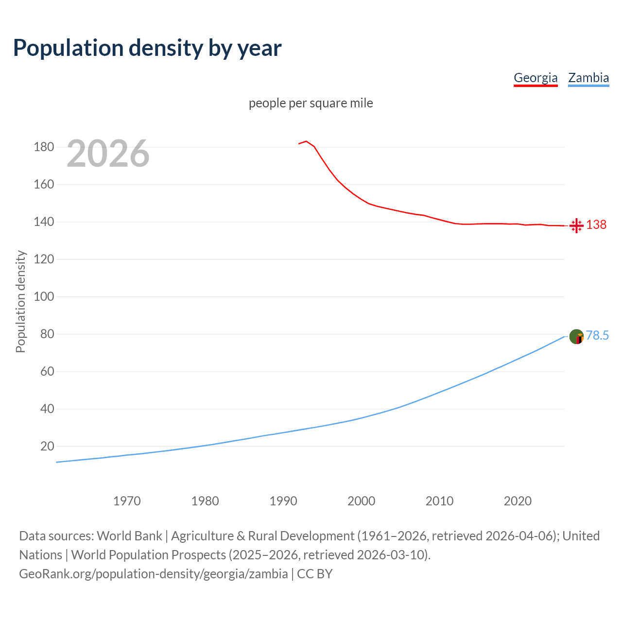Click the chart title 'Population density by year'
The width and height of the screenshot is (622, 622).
(147, 48)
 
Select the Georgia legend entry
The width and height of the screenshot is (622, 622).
(536, 78)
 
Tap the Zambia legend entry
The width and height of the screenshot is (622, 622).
(588, 78)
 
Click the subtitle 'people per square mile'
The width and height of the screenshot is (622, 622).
(311, 104)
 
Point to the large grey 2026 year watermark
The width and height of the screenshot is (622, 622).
(108, 154)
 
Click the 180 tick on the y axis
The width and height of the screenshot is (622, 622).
(44, 147)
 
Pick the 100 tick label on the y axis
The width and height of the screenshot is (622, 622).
(44, 296)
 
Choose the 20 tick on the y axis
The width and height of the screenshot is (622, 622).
(47, 446)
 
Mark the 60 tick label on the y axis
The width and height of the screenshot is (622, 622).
(47, 372)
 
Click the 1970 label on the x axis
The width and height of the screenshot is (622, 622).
(127, 501)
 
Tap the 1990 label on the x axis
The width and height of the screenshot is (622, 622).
(283, 501)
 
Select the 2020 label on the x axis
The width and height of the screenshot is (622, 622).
(518, 501)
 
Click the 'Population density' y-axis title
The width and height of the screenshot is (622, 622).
(20, 301)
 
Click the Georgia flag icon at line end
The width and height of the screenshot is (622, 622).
(576, 225)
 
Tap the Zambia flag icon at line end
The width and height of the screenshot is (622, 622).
(576, 336)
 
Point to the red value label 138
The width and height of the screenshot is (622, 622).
(596, 225)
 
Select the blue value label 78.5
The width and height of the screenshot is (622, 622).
(597, 336)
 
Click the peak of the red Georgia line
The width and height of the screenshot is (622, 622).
(306, 141)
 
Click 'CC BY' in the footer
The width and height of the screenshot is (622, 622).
(315, 574)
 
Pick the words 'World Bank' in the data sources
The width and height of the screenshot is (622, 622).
(129, 536)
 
